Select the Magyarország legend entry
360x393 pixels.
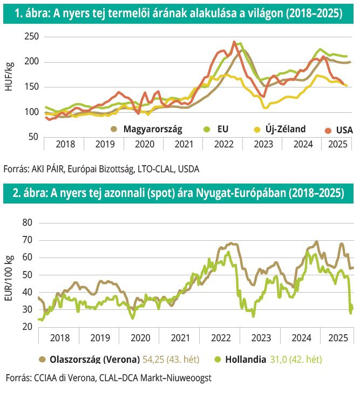(147, 129)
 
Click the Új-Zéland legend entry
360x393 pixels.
(280, 129)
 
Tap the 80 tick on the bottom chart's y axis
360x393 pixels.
(28, 222)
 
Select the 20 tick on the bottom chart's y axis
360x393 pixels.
(28, 327)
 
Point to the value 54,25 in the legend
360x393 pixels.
(154, 359)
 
